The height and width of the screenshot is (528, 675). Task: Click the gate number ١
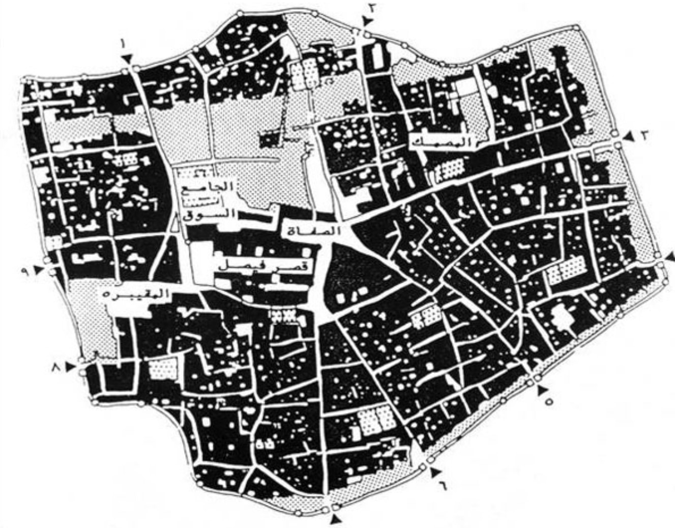tap(123, 45)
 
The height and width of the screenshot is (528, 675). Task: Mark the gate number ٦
tap(442, 484)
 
